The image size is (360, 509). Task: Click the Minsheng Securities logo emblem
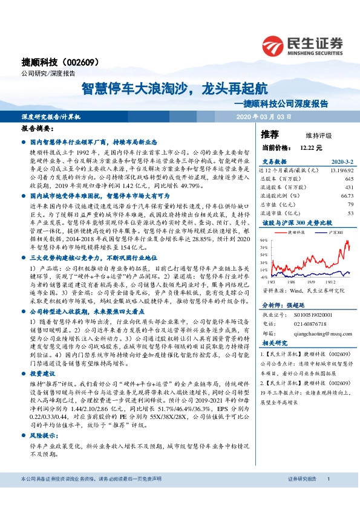click(x=274, y=45)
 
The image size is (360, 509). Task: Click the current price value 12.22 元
click(x=311, y=148)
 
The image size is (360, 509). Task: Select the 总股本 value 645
click(x=348, y=180)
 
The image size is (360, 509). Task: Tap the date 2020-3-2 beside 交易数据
click(x=341, y=162)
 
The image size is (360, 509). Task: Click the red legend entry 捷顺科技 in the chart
click(x=296, y=232)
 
